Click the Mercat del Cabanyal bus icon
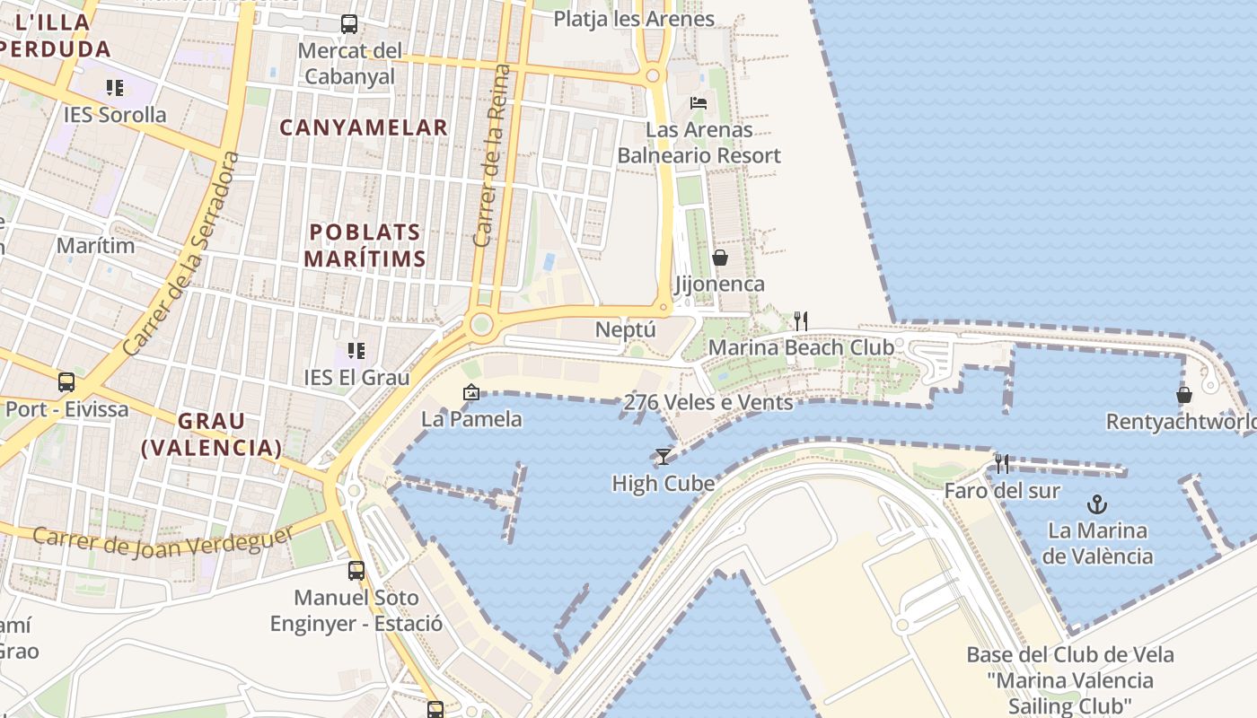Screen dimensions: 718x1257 pos(349,24)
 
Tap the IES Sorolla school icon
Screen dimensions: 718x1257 pos(115,88)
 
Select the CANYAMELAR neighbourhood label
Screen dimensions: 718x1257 pos(364,127)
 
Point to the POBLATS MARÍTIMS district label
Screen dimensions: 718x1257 pos(365,246)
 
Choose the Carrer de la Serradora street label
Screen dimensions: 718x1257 pos(182,253)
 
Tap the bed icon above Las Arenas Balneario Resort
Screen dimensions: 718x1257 pos(699,103)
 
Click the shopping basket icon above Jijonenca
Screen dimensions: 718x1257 pos(720,258)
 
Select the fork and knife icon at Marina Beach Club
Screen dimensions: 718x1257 pos(801,320)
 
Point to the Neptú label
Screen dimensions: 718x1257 pos(626,329)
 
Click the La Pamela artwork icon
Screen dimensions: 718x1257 pos(470,392)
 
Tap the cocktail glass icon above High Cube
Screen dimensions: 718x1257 pos(663,457)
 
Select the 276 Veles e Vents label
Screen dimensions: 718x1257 pos(708,402)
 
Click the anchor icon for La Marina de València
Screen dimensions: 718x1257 pos(1096,503)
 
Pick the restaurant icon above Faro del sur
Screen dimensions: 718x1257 pos(1002,464)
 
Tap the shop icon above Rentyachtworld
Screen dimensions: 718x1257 pos(1184,395)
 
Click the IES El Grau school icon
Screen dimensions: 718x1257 pos(356,351)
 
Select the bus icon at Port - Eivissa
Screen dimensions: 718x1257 pos(66,382)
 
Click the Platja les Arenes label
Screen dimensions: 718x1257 pos(634,19)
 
